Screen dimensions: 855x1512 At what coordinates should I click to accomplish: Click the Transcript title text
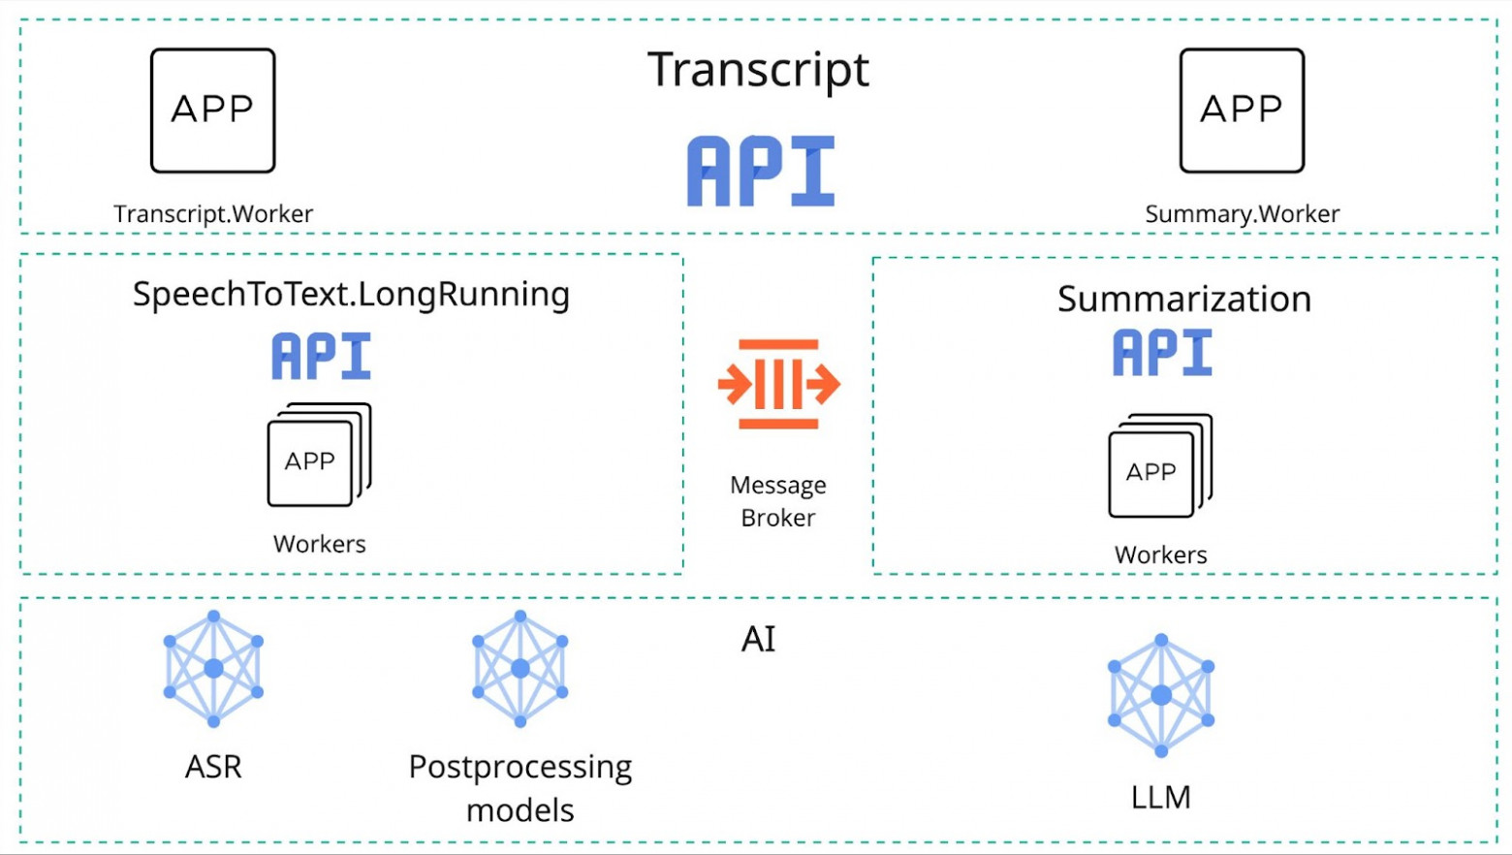[758, 70]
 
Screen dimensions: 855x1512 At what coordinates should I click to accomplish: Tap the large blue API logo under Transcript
[761, 172]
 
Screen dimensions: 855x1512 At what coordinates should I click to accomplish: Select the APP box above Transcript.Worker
[213, 111]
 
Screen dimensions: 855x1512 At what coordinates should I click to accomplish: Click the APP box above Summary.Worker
[1242, 111]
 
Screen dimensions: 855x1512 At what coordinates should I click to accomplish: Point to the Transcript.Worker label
[213, 214]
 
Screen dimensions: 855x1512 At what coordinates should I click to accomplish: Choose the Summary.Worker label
[1242, 214]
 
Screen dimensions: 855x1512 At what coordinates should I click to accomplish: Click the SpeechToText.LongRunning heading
[351, 295]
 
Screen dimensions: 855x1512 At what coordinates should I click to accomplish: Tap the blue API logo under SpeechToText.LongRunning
[321, 356]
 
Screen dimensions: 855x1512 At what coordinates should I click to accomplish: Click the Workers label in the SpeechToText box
[319, 544]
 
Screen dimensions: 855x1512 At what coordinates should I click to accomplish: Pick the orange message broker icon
[778, 384]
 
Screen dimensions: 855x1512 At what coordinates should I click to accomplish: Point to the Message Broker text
[778, 501]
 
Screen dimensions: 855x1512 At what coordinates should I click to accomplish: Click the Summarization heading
[1183, 300]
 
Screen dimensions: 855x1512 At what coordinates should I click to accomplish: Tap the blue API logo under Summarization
[1162, 352]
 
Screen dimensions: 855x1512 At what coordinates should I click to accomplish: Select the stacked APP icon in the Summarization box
[1159, 466]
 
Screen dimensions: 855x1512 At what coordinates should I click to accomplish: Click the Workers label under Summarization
[1160, 555]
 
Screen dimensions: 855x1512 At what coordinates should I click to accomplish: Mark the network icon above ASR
[213, 669]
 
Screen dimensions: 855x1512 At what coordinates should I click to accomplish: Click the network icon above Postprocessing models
[520, 669]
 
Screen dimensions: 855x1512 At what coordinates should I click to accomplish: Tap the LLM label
[1160, 798]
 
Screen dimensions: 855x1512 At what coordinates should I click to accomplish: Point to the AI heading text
[758, 640]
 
